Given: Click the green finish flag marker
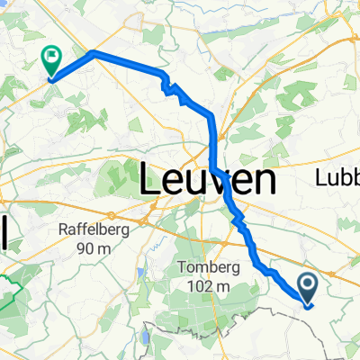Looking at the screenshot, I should point(51,61).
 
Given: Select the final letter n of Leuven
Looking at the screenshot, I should point(263,182).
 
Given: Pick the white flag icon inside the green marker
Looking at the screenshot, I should point(51,58).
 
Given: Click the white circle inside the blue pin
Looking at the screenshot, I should point(308,285).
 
